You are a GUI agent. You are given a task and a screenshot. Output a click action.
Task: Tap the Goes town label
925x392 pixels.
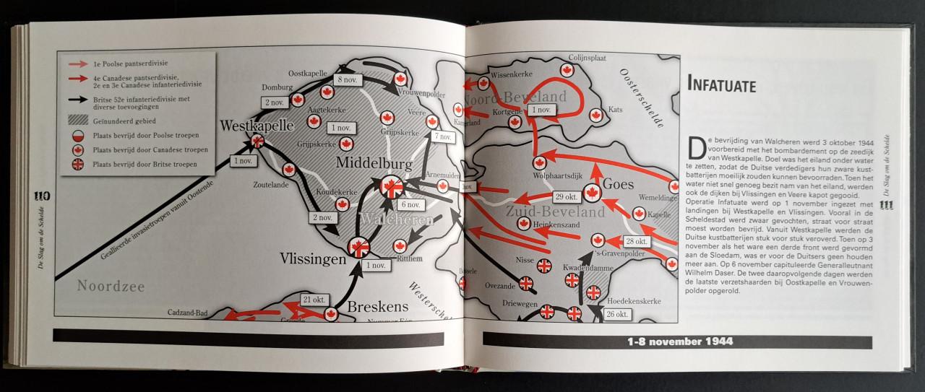(618, 183)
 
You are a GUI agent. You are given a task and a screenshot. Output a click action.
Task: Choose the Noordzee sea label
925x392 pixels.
(111, 287)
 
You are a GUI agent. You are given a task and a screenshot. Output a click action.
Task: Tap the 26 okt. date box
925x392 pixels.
(616, 313)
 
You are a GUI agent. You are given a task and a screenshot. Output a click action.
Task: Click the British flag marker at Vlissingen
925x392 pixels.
(358, 247)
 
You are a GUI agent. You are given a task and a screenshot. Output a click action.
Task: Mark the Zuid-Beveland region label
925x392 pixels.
(555, 213)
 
